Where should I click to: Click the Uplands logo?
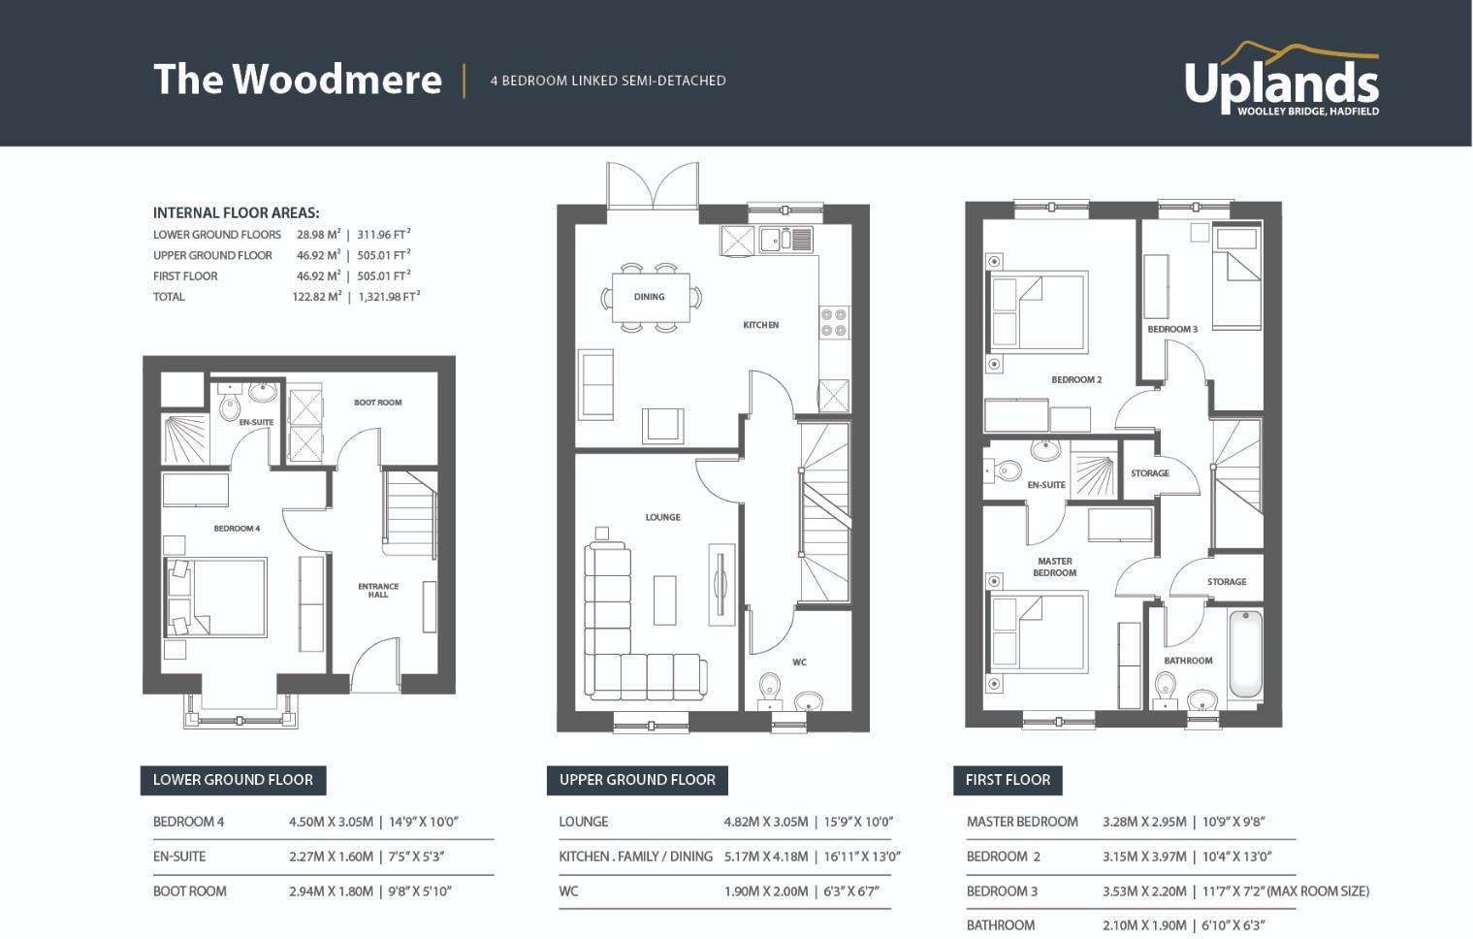[x=1281, y=80]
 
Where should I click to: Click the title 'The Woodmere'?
[x=297, y=80]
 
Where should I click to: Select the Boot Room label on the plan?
[x=377, y=403]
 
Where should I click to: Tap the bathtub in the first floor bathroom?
[x=1245, y=653]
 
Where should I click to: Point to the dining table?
[x=650, y=297]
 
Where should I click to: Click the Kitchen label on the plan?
[x=760, y=325]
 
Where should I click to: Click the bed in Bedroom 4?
[x=216, y=597]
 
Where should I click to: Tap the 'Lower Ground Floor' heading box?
[x=233, y=780]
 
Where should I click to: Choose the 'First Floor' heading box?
[x=1008, y=780]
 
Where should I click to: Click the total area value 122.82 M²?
[x=317, y=297]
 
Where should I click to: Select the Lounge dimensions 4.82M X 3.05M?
[x=765, y=822]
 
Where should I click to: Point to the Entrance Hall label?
[x=378, y=590]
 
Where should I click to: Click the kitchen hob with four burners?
[x=834, y=322]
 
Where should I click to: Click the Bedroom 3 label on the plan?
[x=1171, y=329]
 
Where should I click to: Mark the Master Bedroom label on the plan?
[x=1054, y=567]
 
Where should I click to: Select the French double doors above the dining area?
[x=653, y=184]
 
